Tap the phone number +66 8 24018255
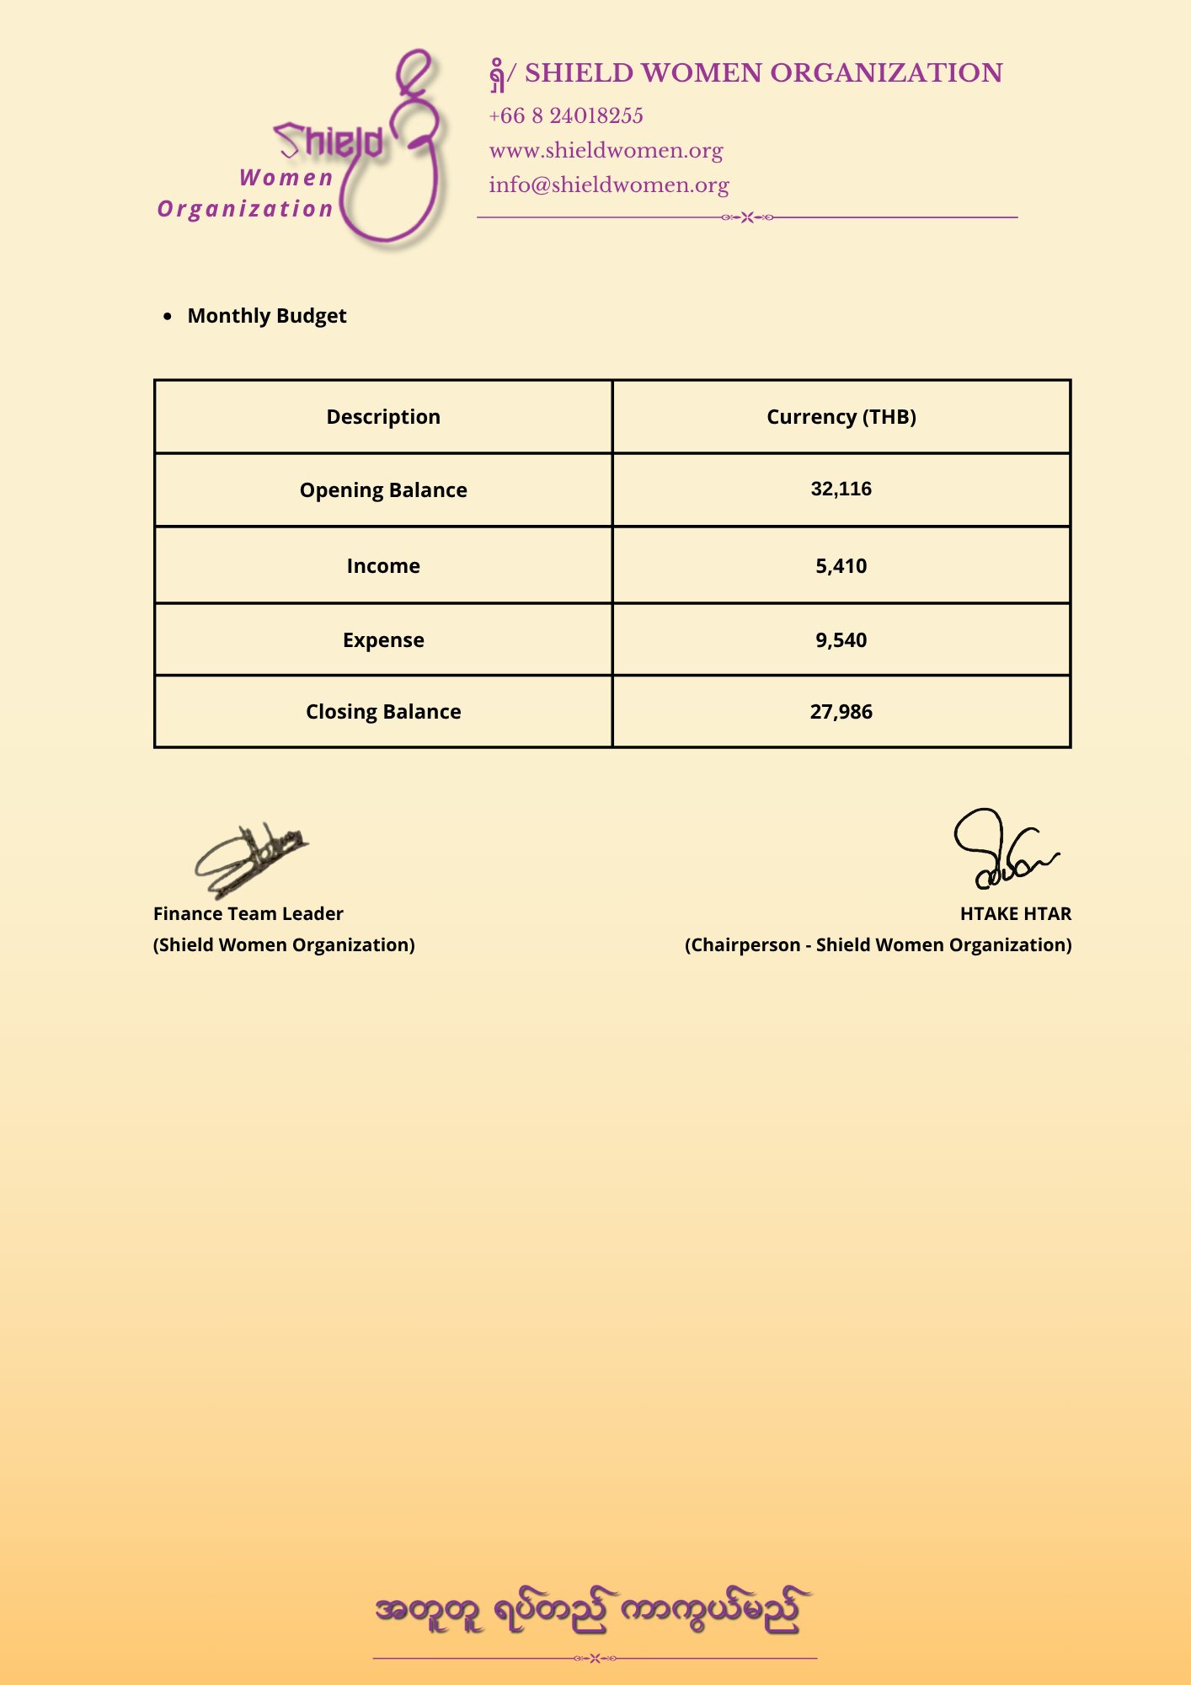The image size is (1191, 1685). [566, 116]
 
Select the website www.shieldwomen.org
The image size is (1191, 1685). [606, 151]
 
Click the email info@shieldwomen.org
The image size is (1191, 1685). [608, 185]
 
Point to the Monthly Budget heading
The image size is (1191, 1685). [267, 316]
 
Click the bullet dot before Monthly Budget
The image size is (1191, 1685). [168, 317]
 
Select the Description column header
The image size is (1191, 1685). [383, 417]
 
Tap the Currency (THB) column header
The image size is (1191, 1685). [841, 417]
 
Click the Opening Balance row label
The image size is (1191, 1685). [383, 490]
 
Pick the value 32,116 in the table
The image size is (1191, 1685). [841, 489]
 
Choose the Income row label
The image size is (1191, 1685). [383, 566]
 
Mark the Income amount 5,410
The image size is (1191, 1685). [841, 566]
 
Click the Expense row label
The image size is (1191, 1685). [383, 640]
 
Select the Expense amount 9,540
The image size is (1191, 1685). [841, 640]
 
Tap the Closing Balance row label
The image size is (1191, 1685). [383, 712]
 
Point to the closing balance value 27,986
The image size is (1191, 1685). [841, 712]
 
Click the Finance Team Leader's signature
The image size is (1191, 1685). [249, 859]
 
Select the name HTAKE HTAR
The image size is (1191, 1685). [1015, 914]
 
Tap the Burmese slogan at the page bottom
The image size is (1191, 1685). [593, 1611]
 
